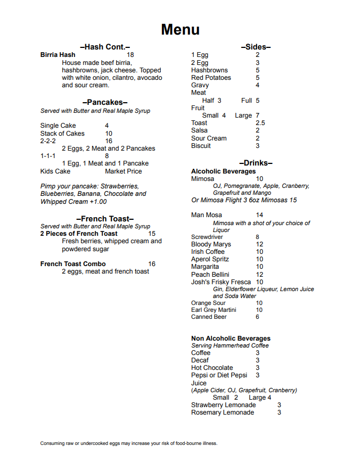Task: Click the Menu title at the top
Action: (x=180, y=29)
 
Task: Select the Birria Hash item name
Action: (x=58, y=54)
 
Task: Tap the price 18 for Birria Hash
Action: (x=130, y=54)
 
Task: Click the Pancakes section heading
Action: (x=105, y=102)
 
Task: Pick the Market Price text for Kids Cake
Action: (x=124, y=171)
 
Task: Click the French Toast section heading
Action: (x=105, y=219)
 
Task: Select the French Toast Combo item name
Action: (x=73, y=264)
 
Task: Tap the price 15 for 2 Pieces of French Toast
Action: (x=152, y=234)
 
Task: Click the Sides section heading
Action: (x=256, y=47)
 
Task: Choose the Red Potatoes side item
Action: (x=211, y=78)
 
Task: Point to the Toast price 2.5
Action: (x=260, y=123)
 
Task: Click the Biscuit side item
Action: (x=201, y=146)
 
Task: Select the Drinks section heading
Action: (x=256, y=163)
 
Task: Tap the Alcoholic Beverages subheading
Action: (x=223, y=171)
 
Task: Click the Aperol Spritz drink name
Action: (x=210, y=259)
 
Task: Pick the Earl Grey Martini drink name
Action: (x=214, y=310)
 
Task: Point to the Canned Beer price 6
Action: (x=257, y=317)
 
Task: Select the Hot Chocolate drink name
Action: (x=212, y=368)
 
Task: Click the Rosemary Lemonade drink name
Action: (x=223, y=412)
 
